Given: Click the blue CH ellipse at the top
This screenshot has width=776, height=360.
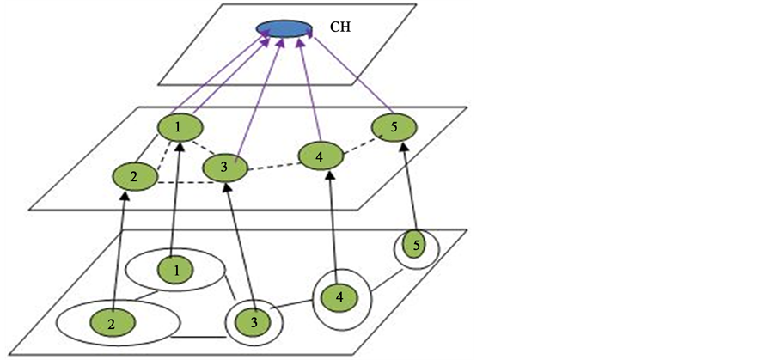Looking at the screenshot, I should (x=284, y=28).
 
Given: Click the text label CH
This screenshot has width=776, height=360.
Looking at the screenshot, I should (x=341, y=27).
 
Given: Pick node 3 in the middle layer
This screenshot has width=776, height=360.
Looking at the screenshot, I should (x=223, y=167).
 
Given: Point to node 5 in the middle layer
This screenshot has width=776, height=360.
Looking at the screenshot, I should (x=394, y=128).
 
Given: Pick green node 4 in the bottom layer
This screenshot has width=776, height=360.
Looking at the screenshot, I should (x=339, y=297).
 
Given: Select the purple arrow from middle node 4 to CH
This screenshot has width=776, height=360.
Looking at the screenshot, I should (x=310, y=86).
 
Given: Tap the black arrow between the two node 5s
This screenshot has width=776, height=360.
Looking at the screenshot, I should (x=409, y=189).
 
